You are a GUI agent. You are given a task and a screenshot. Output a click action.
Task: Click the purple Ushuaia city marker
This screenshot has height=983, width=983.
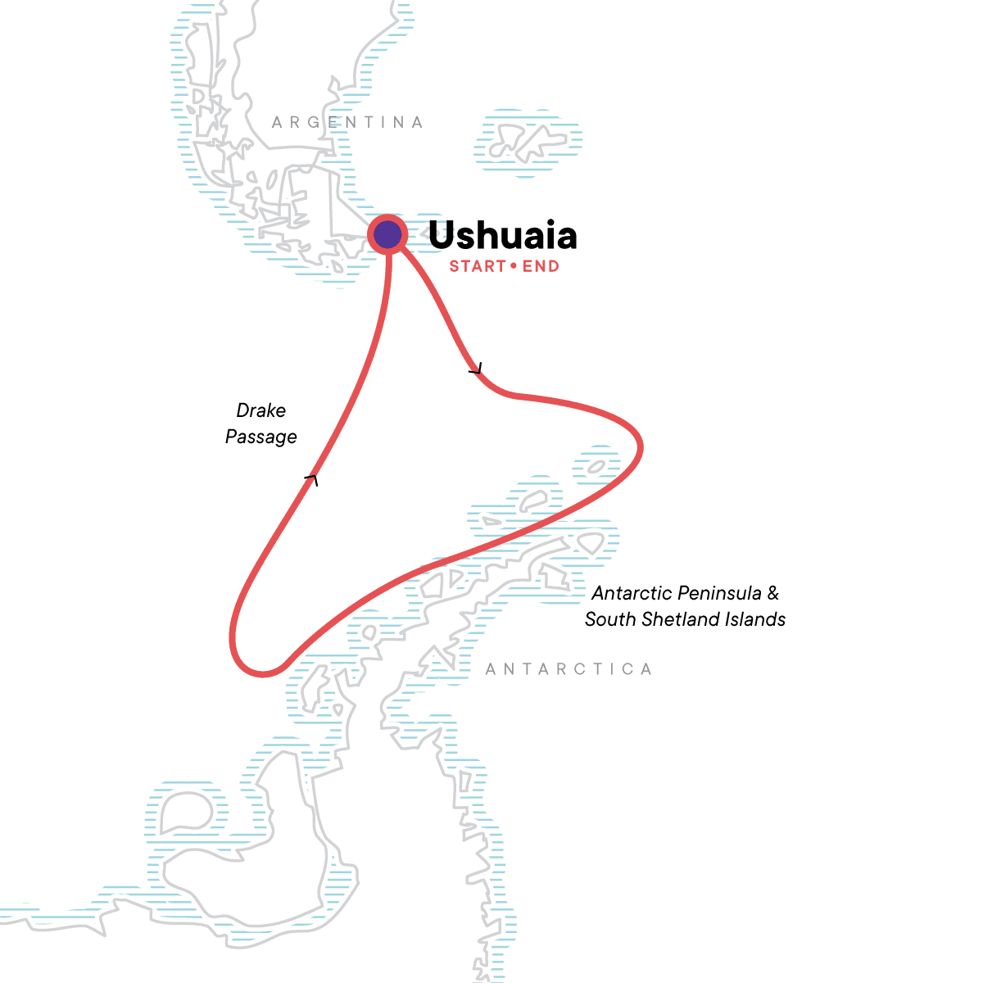click(x=387, y=236)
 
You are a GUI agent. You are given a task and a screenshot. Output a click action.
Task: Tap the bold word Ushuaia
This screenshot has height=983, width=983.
click(x=502, y=236)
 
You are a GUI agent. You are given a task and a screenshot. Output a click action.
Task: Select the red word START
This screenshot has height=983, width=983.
click(x=478, y=266)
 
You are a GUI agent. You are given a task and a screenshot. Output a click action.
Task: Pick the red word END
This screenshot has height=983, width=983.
click(x=541, y=266)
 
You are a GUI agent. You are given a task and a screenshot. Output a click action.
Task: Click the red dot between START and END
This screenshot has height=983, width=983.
click(x=514, y=266)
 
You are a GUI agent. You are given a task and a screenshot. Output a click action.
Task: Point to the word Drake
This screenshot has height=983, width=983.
click(x=261, y=410)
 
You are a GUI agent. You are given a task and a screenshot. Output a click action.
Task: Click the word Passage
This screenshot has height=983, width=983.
click(x=261, y=437)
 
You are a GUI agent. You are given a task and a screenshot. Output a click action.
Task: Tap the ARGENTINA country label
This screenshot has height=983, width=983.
click(x=348, y=123)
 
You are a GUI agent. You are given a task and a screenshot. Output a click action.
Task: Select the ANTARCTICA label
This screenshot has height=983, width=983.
click(x=569, y=669)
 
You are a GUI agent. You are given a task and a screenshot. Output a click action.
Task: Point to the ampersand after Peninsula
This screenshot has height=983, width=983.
click(x=773, y=593)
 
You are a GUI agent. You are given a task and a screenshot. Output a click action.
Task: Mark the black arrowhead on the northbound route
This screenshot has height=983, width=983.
click(x=311, y=478)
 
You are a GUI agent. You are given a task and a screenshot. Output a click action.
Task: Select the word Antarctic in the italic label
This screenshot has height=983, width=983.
click(x=632, y=593)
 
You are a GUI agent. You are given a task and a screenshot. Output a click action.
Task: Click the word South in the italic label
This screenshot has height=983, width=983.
click(x=609, y=619)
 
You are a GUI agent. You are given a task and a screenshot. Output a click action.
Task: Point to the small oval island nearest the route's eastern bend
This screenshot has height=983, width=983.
click(x=597, y=467)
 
